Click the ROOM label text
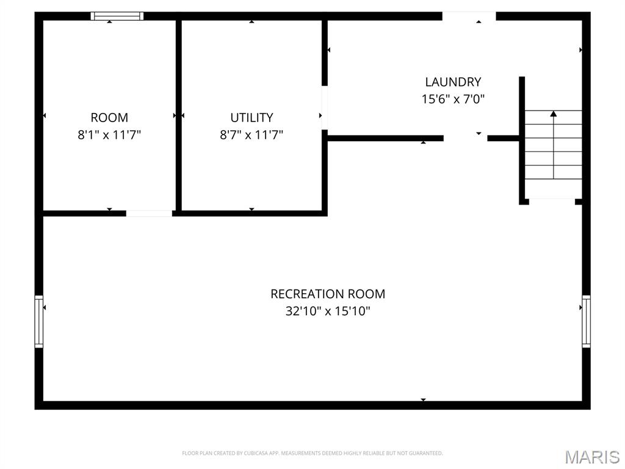(109, 117)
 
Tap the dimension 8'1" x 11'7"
(109, 134)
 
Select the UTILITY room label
(251, 117)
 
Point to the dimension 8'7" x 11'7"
(251, 134)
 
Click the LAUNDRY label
(453, 82)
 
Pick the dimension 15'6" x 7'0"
(453, 99)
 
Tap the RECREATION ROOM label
(328, 294)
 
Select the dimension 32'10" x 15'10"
(328, 311)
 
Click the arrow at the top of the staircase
(553, 114)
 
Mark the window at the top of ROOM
(117, 16)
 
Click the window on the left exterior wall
(39, 321)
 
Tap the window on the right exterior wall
(586, 321)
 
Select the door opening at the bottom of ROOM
(149, 213)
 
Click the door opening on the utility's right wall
(325, 108)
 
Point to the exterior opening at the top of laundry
(469, 16)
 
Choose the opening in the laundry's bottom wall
(465, 138)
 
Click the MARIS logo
(591, 456)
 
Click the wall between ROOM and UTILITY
(179, 116)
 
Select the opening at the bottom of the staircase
(552, 201)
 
